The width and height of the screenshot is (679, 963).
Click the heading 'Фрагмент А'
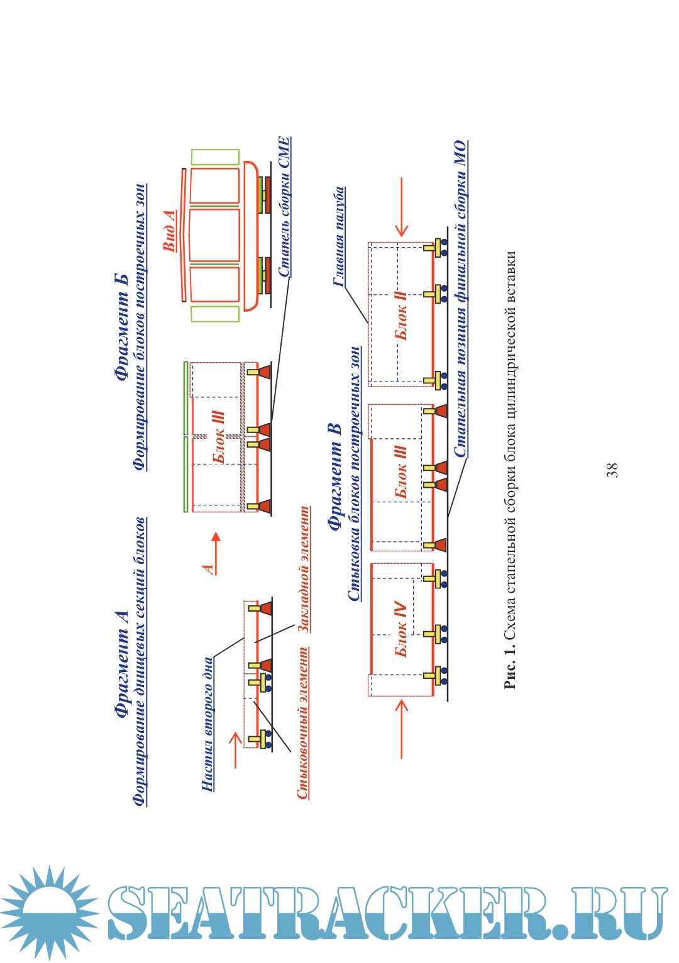click(x=122, y=664)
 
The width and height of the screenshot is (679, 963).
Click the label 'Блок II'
click(x=401, y=314)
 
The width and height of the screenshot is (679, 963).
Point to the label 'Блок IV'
click(x=400, y=629)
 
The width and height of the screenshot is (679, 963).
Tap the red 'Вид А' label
click(x=169, y=231)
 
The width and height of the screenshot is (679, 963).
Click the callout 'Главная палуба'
click(x=339, y=237)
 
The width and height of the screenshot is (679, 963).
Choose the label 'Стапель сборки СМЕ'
click(x=284, y=207)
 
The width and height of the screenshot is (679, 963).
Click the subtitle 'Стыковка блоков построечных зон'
click(x=355, y=473)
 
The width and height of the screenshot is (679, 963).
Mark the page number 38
click(x=612, y=470)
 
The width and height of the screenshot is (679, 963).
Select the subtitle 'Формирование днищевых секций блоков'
click(x=140, y=661)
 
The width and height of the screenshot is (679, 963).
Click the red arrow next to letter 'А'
click(x=215, y=550)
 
